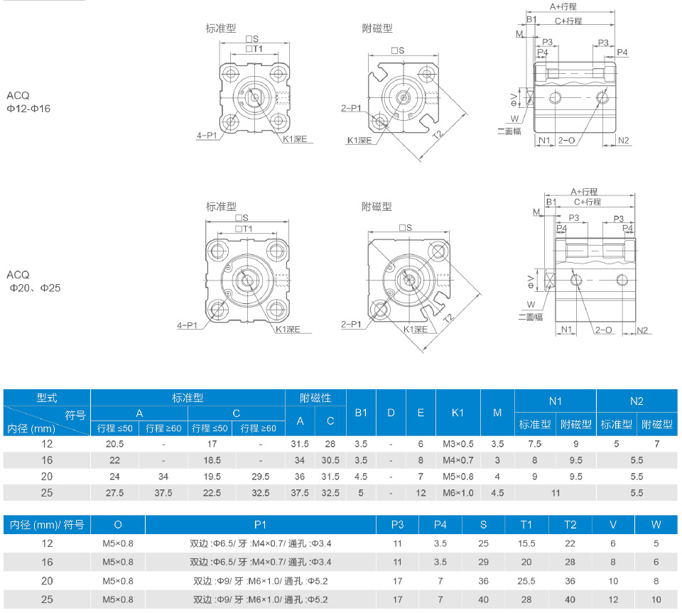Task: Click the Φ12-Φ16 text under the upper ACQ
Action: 28,109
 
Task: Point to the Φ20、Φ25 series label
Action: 35,288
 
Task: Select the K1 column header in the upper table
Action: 458,413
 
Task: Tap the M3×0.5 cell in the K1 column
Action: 458,444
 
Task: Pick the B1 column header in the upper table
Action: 361,413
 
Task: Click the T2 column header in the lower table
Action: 570,525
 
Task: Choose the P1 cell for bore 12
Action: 260,543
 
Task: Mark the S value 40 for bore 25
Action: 483,600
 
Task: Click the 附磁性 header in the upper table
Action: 315,398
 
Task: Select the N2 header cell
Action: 637,401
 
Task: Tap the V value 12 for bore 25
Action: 613,600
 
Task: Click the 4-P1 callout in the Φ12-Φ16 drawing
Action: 207,136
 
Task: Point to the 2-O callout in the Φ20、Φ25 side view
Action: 603,330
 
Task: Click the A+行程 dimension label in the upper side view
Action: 563,6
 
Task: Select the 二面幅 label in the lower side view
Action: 530,317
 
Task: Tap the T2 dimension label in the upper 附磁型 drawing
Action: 438,134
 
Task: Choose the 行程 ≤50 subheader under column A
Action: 114,428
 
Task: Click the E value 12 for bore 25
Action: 421,493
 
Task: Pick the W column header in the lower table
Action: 656,525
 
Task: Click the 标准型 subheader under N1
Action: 534,424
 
